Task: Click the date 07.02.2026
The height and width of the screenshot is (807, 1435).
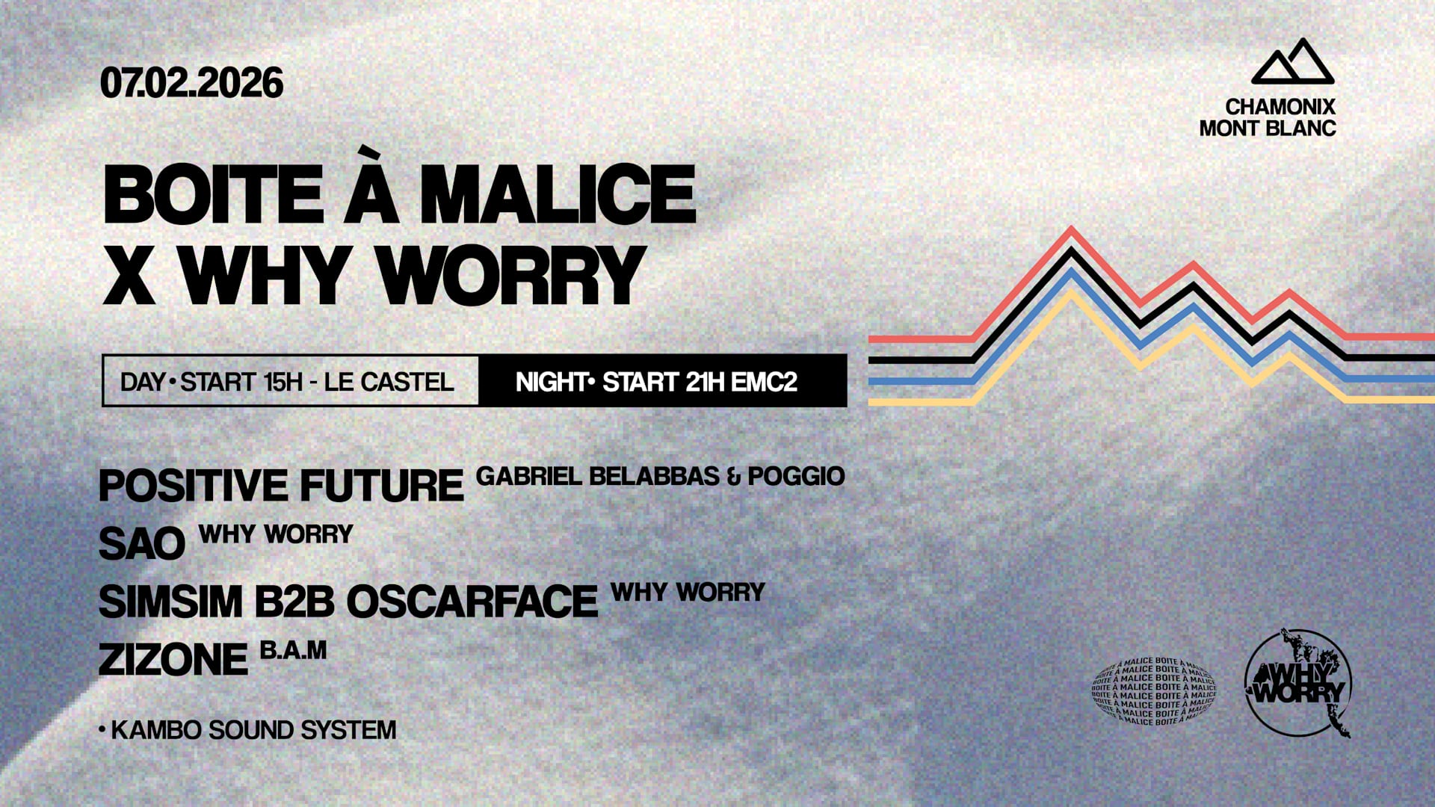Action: coord(191,83)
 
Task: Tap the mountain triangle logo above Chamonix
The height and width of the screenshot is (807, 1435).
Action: coord(1292,62)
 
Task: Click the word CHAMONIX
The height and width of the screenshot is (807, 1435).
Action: coord(1280,108)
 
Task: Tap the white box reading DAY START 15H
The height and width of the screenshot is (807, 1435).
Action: coord(290,382)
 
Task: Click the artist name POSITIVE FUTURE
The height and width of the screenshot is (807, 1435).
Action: coord(281,486)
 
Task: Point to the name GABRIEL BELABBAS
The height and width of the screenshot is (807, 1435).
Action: coord(597,476)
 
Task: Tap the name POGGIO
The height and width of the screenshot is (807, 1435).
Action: coord(796,476)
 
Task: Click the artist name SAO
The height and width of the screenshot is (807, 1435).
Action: coord(142,544)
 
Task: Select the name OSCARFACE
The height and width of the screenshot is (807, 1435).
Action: coord(472,602)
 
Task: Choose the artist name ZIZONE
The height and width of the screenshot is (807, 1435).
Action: coord(173,660)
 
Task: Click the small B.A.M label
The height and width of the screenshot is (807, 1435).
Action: coord(293,650)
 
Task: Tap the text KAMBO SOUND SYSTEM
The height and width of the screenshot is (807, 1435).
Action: coord(253,730)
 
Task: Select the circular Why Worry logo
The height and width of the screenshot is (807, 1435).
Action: coord(1298,683)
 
